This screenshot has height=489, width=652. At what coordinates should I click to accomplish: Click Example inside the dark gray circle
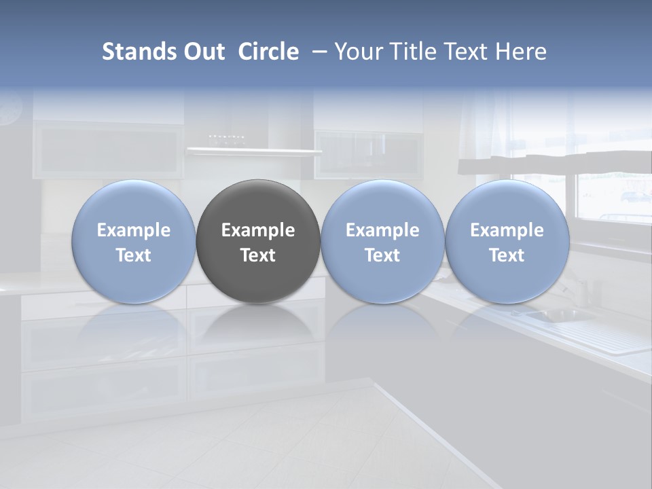[258, 230]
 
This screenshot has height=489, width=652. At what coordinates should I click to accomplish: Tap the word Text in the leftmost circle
[134, 255]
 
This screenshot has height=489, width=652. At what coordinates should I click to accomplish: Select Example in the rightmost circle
[507, 230]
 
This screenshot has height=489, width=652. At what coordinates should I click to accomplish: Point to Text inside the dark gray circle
[258, 255]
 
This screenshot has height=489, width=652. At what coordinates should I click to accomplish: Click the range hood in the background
[254, 151]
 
